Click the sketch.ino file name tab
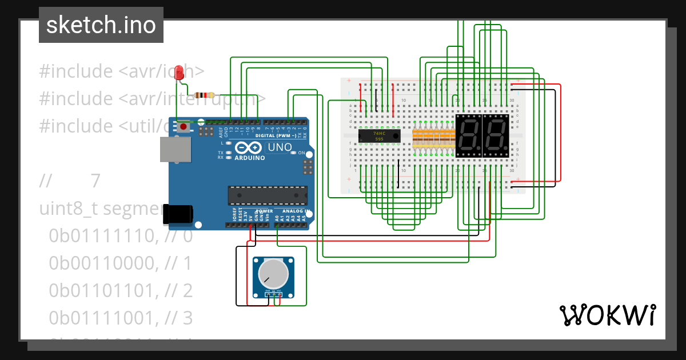pyautogui.click(x=101, y=25)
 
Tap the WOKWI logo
pyautogui.click(x=607, y=315)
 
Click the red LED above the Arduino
pyautogui.click(x=179, y=73)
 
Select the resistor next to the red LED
pyautogui.click(x=204, y=95)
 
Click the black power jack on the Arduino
pyautogui.click(x=178, y=214)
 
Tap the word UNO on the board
pyautogui.click(x=280, y=147)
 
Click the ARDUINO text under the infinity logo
pyautogui.click(x=250, y=158)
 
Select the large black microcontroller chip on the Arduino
pyautogui.click(x=268, y=195)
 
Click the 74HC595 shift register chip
pyautogui.click(x=379, y=136)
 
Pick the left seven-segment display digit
pyautogui.click(x=468, y=136)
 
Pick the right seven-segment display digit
pyautogui.click(x=496, y=136)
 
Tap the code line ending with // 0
pyautogui.click(x=121, y=236)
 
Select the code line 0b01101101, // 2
pyautogui.click(x=121, y=290)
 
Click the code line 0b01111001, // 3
pyautogui.click(x=121, y=317)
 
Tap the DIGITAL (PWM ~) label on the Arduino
pyautogui.click(x=276, y=136)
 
